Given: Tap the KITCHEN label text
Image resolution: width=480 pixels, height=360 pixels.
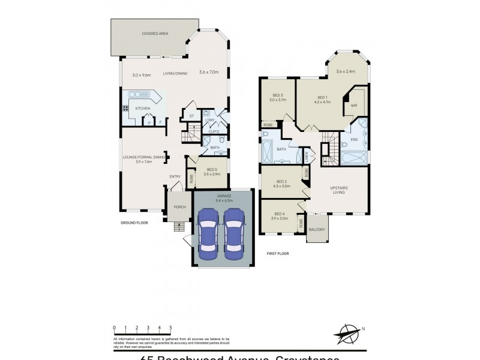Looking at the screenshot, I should [x=142, y=108].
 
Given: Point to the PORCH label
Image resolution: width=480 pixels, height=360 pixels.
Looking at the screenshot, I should [x=179, y=207].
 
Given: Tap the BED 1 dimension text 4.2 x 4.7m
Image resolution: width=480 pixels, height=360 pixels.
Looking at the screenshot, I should [x=322, y=102].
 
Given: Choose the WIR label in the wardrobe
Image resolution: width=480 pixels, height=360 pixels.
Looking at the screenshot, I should [x=353, y=106].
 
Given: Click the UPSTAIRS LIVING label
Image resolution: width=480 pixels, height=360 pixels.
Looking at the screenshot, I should [x=339, y=191].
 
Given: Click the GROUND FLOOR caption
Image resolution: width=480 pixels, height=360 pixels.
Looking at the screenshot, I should [x=133, y=223].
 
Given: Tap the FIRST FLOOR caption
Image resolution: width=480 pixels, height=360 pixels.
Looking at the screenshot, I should [x=278, y=253].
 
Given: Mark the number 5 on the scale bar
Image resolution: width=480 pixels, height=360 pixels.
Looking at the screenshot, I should [x=171, y=328].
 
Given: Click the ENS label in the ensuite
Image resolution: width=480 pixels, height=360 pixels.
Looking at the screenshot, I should [x=354, y=139].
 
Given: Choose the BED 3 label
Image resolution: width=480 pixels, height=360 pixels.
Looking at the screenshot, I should [x=277, y=95].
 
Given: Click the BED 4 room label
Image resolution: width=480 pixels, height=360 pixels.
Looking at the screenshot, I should [x=280, y=214].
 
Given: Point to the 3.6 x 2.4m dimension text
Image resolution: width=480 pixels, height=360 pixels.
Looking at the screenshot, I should [x=346, y=71].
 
